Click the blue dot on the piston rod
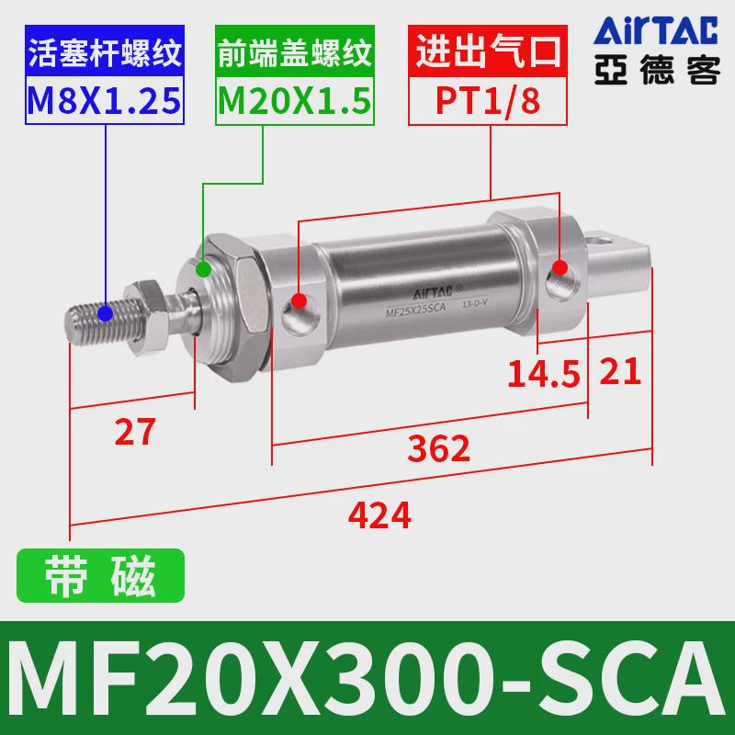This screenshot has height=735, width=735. [106, 312]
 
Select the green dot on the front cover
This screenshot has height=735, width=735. [204, 270]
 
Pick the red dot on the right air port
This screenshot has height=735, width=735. [559, 268]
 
